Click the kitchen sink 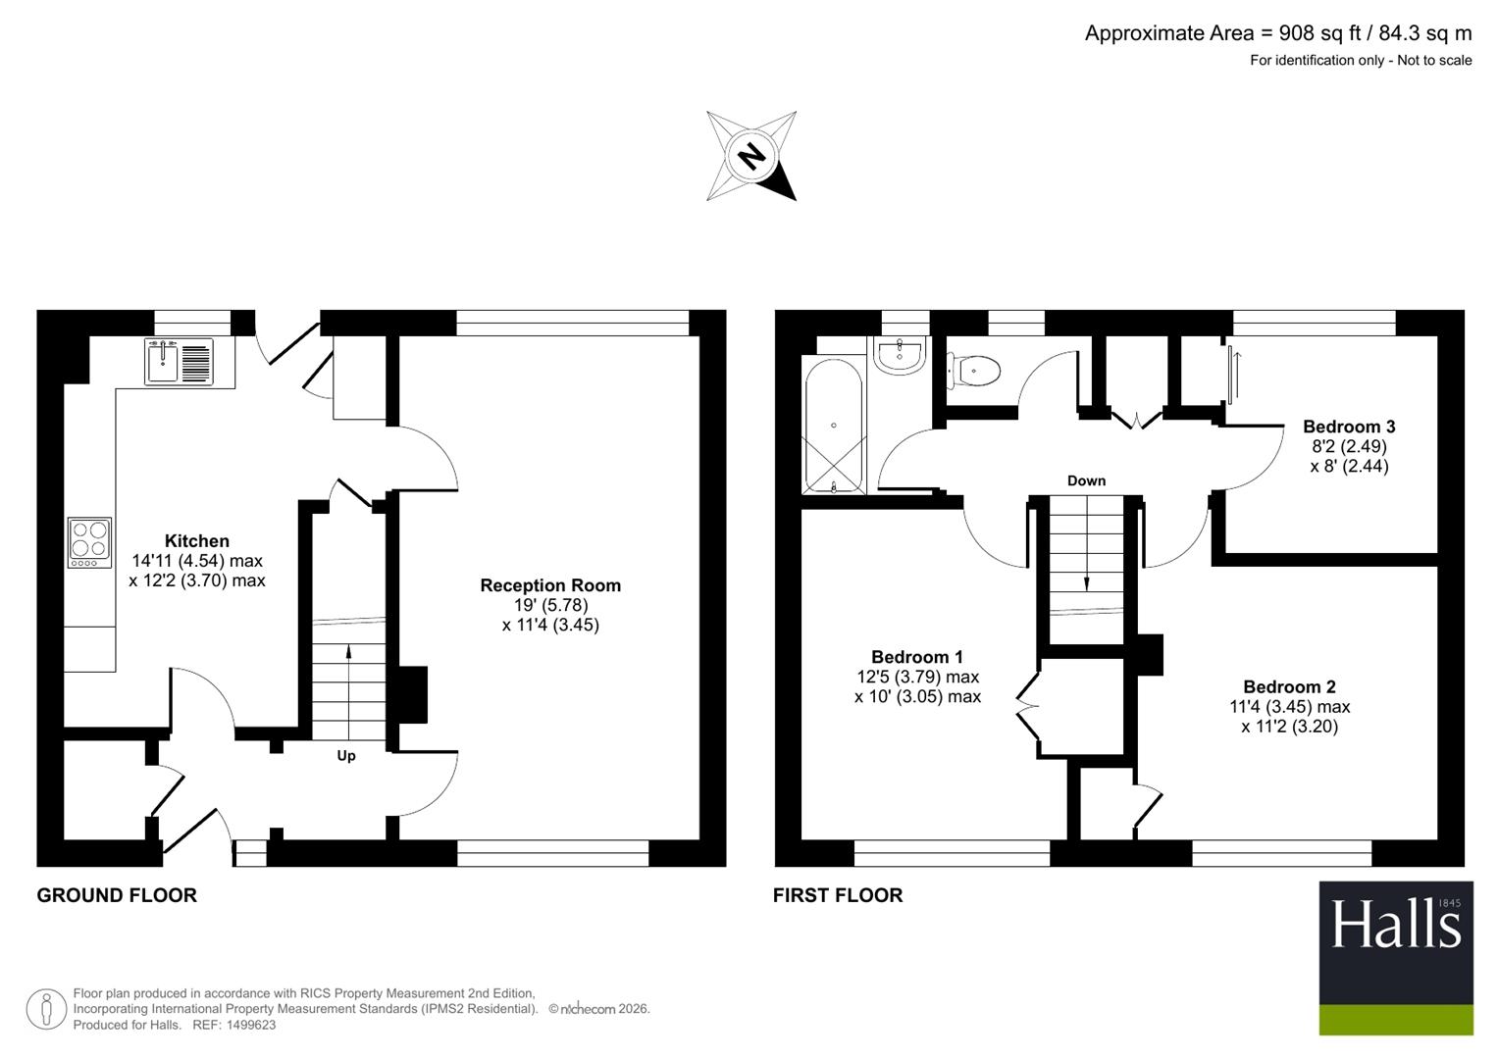[x=180, y=362]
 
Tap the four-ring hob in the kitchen [x=89, y=543]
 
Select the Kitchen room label [x=197, y=541]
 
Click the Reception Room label [x=550, y=585]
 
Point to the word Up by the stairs [x=345, y=756]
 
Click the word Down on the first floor [x=1086, y=480]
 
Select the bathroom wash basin [x=900, y=355]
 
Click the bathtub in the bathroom [x=833, y=426]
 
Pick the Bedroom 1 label [x=917, y=657]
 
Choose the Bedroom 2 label [x=1289, y=686]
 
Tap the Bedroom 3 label [x=1349, y=427]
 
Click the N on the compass [x=751, y=157]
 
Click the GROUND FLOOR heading [x=117, y=896]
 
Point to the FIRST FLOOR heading [x=837, y=896]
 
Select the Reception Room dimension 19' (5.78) [x=550, y=605]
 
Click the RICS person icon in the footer [x=46, y=1009]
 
